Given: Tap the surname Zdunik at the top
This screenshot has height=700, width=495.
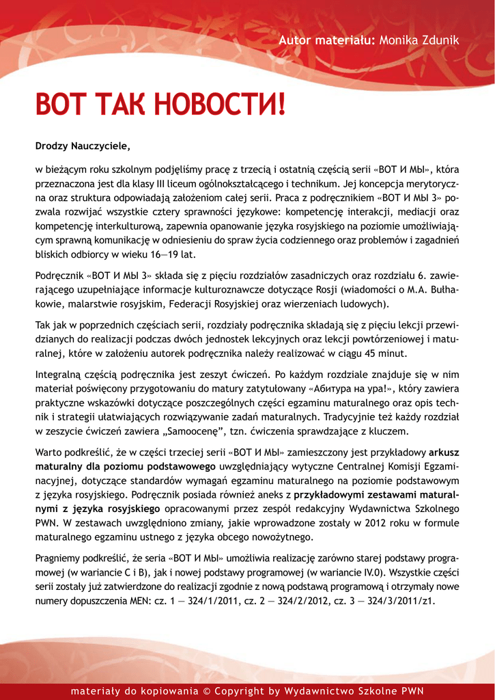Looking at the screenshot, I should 439,41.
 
